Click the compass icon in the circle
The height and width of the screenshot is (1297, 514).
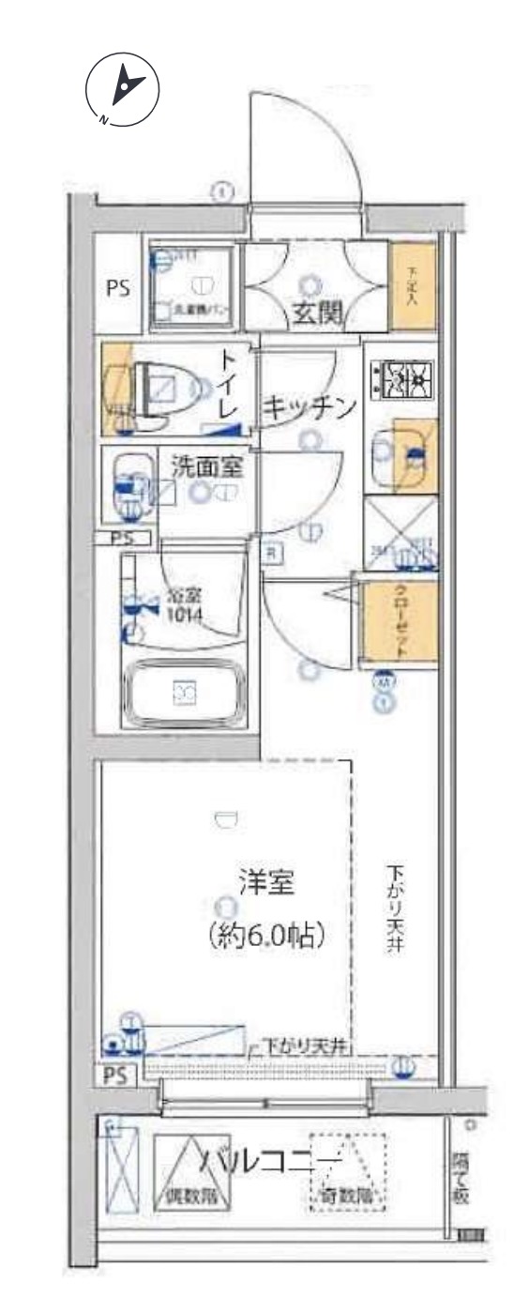pos(122,88)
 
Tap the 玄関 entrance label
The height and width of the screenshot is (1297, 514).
pos(315,313)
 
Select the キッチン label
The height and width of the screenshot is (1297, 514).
pos(310,407)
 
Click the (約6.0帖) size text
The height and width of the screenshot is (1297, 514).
pos(267,935)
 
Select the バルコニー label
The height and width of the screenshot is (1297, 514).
pos(272,1160)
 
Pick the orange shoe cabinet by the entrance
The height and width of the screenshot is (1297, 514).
pos(413,285)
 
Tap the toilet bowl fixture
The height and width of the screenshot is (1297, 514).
pos(167,387)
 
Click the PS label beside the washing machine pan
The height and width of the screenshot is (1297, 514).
pos(116,288)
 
